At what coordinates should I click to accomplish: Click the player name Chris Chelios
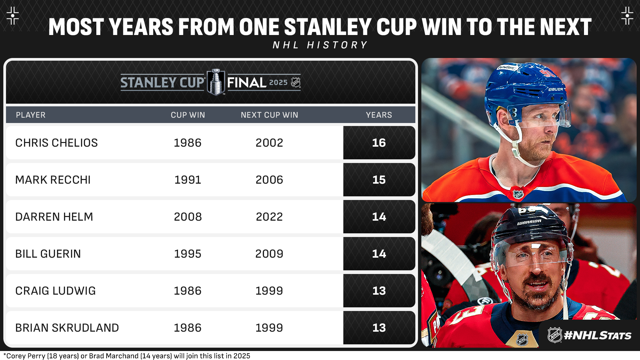[x=56, y=143]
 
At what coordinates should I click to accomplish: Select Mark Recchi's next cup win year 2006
[x=269, y=180]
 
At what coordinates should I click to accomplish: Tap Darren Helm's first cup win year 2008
[x=188, y=217]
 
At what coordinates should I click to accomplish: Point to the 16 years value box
[x=379, y=143]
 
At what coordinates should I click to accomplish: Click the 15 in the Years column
[x=379, y=180]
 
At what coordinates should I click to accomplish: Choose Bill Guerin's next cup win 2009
[x=269, y=254]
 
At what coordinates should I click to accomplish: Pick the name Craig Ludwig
[x=55, y=291]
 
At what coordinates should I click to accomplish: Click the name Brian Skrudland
[x=67, y=328]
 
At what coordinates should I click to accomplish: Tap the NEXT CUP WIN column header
[x=269, y=115]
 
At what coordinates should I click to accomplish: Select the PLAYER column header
[x=31, y=115]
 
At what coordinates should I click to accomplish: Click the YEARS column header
[x=379, y=115]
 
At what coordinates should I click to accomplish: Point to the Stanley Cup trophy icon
[x=216, y=82]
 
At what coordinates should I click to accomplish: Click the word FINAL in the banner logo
[x=247, y=83]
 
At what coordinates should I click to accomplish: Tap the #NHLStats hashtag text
[x=597, y=335]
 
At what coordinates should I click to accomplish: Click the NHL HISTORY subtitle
[x=320, y=45]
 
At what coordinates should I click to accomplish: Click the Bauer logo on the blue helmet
[x=556, y=89]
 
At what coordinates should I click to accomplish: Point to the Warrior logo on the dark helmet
[x=529, y=222]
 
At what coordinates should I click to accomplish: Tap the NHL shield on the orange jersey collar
[x=518, y=194]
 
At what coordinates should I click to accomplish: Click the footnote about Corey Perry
[x=127, y=356]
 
